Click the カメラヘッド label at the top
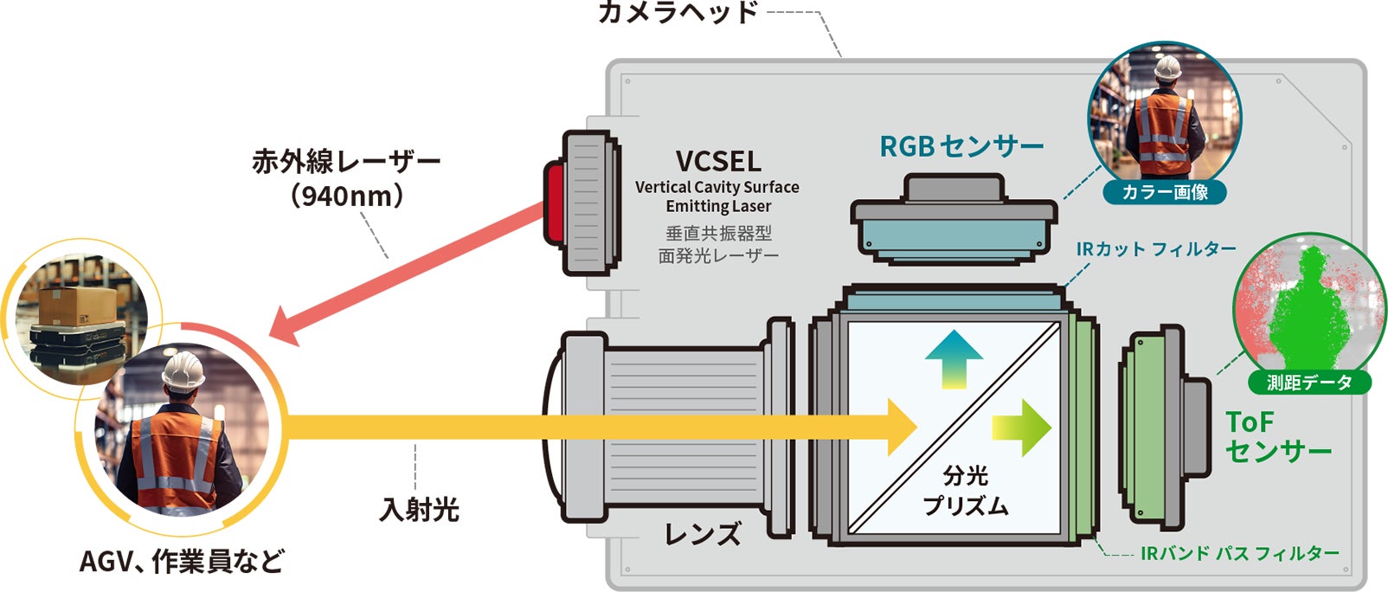point(678,12)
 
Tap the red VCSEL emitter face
point(552,203)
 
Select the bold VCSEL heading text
point(718,161)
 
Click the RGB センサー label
point(961,146)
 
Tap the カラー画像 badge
point(1165,192)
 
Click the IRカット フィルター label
point(1156,249)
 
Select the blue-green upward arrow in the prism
point(954,358)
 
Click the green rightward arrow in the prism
point(1022,427)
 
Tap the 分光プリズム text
point(965,491)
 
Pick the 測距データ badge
point(1308,382)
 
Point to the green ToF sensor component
point(1151,429)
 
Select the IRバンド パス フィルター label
point(1239,553)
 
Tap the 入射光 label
point(419,509)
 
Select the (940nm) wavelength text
point(347,196)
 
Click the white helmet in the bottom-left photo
point(184,370)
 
